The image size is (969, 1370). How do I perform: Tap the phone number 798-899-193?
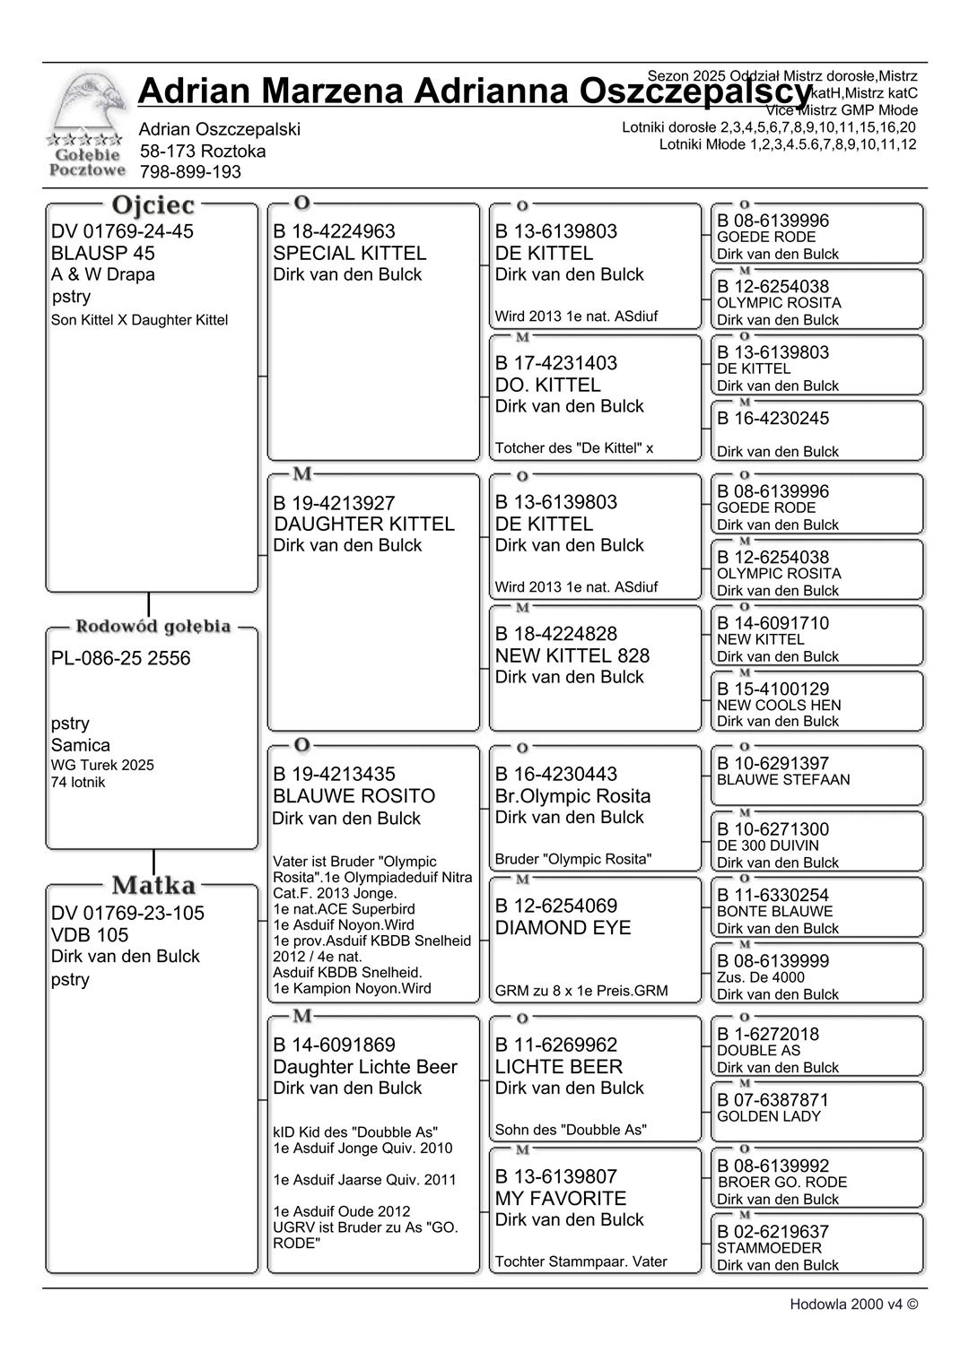pos(190,172)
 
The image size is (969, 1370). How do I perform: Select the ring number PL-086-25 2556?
pos(121,658)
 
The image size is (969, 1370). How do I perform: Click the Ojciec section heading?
pos(153,206)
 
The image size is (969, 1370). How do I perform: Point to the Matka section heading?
pos(153,886)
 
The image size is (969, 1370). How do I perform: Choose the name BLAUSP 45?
pos(103,253)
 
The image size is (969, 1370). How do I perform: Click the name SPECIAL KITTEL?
pos(349,253)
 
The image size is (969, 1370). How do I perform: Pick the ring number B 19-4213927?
pos(334,503)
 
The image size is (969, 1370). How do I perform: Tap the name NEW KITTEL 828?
pos(572,655)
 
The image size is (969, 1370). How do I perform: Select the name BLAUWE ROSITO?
pos(354,796)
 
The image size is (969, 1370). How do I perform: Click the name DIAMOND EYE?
pos(563,928)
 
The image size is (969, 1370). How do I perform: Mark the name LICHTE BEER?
pos(558,1067)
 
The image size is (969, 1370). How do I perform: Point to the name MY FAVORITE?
pos(560,1199)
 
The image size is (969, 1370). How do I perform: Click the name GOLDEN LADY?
pos(768,1116)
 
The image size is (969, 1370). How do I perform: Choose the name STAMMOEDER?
pos(769,1248)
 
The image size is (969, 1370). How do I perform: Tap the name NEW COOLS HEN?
pos(779,706)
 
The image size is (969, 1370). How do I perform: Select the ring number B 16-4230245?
pos(773,419)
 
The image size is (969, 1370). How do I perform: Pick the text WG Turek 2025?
pos(102,765)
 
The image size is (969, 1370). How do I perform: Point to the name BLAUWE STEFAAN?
pos(783,780)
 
